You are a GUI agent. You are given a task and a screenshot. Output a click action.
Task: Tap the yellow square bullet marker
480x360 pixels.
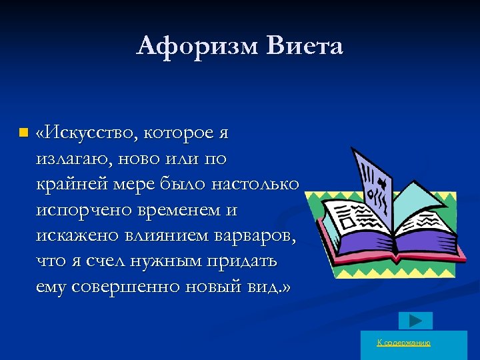coord(24,133)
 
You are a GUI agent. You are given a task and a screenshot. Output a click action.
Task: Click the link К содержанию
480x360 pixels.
coord(404,343)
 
